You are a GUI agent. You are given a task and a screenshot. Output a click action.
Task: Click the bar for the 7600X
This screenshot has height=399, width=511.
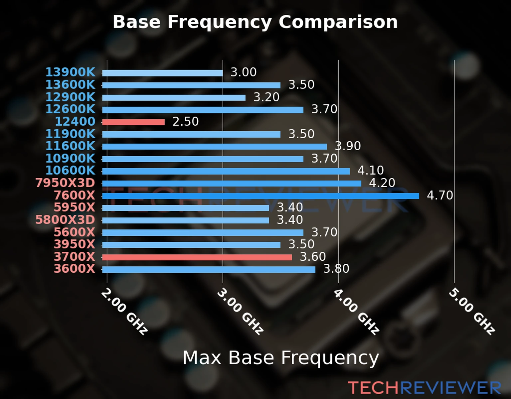point(260,196)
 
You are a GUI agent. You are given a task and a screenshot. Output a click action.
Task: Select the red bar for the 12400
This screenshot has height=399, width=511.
point(133,122)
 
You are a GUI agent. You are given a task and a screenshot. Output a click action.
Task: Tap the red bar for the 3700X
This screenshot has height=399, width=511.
point(197,257)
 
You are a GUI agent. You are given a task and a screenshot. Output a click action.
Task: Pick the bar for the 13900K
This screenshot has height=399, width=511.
point(162,73)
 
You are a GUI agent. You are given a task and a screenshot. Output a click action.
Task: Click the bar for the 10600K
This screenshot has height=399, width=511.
point(226,171)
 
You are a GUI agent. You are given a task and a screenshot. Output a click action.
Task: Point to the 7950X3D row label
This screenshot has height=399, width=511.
point(65,183)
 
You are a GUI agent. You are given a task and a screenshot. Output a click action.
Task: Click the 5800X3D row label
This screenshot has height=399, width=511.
point(65,220)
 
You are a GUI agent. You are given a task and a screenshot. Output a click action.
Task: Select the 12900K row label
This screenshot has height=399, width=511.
point(70,97)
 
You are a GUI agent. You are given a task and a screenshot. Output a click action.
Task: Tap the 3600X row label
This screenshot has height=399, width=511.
point(75,269)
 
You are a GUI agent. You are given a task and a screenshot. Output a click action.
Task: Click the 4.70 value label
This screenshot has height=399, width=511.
point(440,196)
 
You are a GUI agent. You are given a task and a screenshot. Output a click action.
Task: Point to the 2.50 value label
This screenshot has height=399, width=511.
point(185,122)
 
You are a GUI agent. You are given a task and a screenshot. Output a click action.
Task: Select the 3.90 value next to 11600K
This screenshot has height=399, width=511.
point(348,146)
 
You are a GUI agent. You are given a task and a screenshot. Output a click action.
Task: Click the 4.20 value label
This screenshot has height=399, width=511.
point(382,183)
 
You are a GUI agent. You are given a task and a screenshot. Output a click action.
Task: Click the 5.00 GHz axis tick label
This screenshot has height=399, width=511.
point(472,312)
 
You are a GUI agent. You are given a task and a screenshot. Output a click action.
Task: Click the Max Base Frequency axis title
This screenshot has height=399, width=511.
point(281,358)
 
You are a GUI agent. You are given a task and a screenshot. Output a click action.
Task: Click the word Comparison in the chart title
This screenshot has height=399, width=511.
point(338,22)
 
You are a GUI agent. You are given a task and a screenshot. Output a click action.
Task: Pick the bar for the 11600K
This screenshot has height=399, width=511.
point(214,147)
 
